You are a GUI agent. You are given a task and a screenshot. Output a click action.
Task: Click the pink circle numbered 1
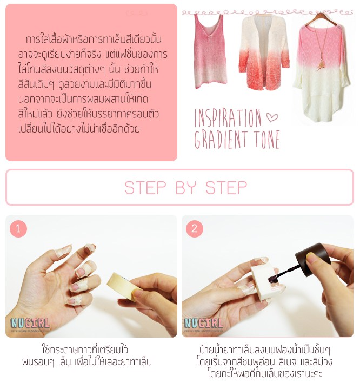point(18,228)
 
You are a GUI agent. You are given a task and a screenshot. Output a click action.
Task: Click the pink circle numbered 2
point(195,228)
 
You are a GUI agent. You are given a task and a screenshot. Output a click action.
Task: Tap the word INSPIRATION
point(228,118)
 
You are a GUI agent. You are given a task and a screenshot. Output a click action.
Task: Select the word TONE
point(267,140)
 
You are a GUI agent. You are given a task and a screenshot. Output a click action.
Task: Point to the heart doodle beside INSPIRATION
point(272,117)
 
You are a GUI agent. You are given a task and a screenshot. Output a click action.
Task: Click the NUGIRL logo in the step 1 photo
point(30,323)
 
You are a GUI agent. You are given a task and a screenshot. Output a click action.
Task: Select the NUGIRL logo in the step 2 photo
point(203,323)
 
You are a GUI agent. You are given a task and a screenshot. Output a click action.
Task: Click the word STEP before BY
point(145,188)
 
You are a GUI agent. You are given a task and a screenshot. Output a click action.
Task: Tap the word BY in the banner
point(186,188)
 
